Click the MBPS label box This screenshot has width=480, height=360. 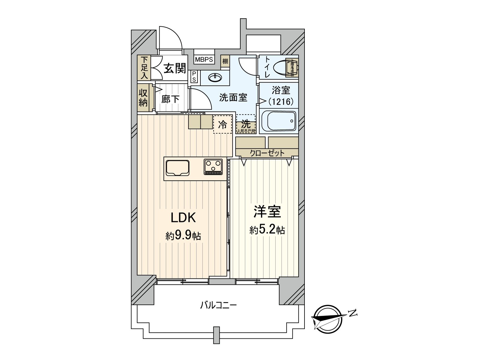[204, 59]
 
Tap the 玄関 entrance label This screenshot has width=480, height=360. [175, 69]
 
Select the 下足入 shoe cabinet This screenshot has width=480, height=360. [144, 68]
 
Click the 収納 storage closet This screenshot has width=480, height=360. [143, 97]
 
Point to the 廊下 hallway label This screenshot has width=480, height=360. [170, 99]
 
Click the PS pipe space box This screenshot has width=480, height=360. [194, 76]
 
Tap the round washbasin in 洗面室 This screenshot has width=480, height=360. [215, 78]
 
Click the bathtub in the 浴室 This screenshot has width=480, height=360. [279, 121]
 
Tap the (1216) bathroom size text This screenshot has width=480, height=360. [280, 102]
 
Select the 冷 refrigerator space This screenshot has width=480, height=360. [223, 124]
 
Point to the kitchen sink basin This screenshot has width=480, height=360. [177, 168]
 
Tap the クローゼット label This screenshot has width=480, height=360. [267, 153]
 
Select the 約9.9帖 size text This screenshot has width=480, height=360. [183, 236]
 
